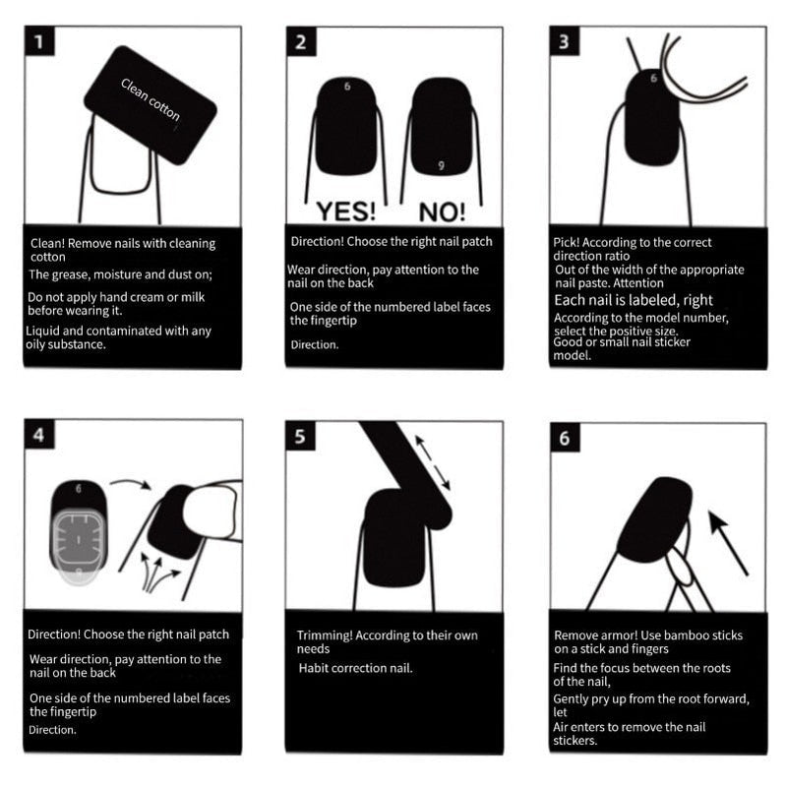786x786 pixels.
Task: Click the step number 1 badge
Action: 38,42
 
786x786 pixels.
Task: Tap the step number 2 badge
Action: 300,42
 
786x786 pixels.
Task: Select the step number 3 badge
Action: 564,42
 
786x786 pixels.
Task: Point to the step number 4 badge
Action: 38,436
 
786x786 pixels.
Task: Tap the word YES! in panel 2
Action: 345,211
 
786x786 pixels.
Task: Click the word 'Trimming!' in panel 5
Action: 325,635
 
